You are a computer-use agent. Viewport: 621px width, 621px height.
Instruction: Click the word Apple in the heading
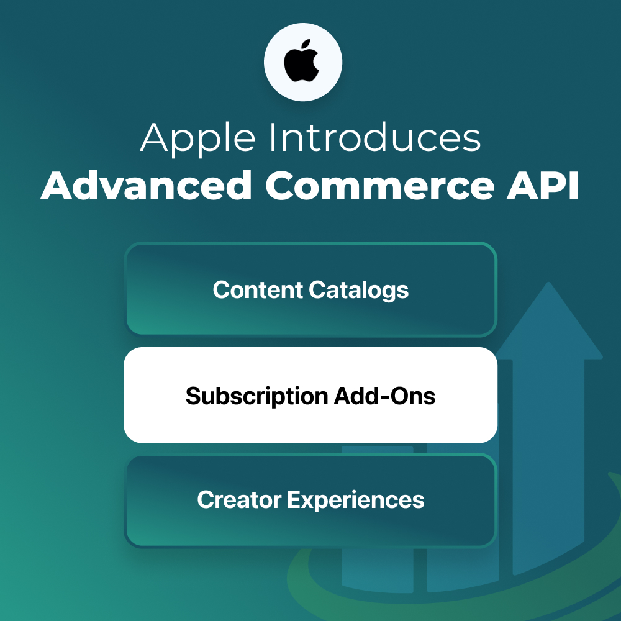tap(197, 138)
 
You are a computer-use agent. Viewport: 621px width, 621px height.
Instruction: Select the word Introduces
tap(374, 137)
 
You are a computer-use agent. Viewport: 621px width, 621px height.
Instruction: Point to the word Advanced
tap(147, 186)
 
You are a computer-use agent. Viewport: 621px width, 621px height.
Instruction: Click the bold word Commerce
tap(380, 186)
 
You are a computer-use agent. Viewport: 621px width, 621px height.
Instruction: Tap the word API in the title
tap(543, 186)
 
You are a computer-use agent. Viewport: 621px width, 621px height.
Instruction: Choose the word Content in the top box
tap(258, 289)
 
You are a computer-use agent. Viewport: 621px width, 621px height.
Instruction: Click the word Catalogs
tap(359, 290)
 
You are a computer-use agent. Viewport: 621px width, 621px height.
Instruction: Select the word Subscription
tap(256, 396)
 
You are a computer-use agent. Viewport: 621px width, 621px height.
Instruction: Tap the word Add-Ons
tap(384, 396)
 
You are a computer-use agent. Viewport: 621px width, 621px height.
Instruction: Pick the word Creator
tap(239, 499)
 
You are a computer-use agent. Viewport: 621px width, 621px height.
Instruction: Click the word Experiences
tap(356, 500)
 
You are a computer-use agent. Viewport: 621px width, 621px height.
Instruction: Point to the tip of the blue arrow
tap(548, 282)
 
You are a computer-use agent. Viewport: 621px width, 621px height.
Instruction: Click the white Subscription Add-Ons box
tap(310, 395)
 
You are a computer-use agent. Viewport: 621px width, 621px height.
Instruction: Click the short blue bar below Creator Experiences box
tap(377, 569)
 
